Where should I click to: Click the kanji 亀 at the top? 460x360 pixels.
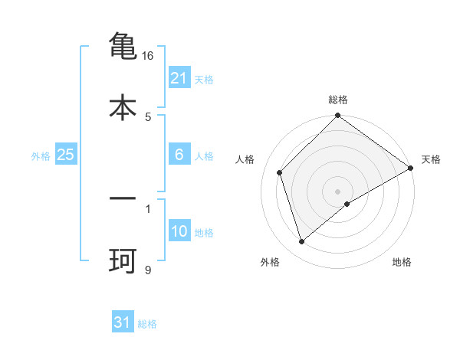[123, 46]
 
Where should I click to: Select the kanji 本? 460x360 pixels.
[123, 106]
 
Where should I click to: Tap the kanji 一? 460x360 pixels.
[123, 198]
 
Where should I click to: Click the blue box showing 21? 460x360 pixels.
[179, 77]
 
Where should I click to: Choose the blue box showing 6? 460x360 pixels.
[179, 155]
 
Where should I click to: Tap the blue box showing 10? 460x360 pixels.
[179, 231]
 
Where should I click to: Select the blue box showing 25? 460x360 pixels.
[65, 155]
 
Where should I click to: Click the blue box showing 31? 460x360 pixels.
[123, 322]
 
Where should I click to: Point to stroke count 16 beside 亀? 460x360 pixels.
[148, 56]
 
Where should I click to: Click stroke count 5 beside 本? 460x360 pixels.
[148, 116]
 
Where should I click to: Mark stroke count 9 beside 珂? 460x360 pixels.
[148, 270]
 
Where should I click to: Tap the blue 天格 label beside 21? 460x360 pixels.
[204, 79]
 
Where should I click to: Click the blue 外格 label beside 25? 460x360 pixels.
[41, 156]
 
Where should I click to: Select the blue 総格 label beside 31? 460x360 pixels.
[147, 324]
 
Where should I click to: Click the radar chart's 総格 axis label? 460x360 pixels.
[338, 100]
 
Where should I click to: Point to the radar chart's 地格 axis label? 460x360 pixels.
[402, 263]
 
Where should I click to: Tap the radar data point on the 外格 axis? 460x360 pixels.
[302, 242]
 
